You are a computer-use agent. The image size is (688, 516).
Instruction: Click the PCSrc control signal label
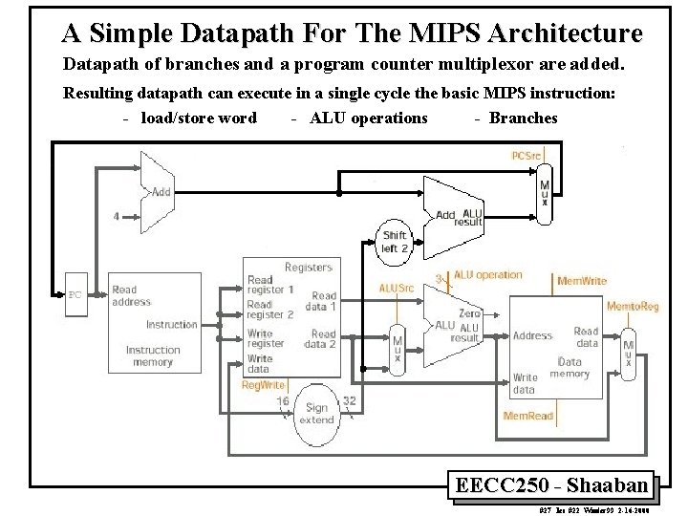pyautogui.click(x=530, y=156)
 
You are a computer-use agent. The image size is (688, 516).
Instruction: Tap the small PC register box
pyautogui.click(x=75, y=294)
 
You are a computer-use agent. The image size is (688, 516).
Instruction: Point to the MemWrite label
pyautogui.click(x=581, y=282)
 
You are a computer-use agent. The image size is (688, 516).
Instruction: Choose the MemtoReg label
pyautogui.click(x=632, y=306)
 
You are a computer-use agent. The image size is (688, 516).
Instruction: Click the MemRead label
pyautogui.click(x=527, y=416)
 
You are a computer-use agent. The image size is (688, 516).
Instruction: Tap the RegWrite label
pyautogui.click(x=262, y=385)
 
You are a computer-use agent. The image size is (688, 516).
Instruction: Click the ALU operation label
pyautogui.click(x=487, y=275)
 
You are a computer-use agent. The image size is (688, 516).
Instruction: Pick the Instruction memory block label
pyautogui.click(x=153, y=355)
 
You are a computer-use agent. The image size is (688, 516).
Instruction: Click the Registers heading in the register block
pyautogui.click(x=308, y=268)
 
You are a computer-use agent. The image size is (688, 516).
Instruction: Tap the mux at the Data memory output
pyautogui.click(x=628, y=351)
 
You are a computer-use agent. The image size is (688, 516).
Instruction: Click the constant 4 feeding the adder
pyautogui.click(x=117, y=216)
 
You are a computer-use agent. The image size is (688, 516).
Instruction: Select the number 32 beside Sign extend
pyautogui.click(x=349, y=402)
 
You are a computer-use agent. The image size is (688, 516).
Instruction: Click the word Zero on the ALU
pyautogui.click(x=469, y=312)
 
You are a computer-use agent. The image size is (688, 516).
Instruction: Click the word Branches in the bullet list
pyautogui.click(x=523, y=118)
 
